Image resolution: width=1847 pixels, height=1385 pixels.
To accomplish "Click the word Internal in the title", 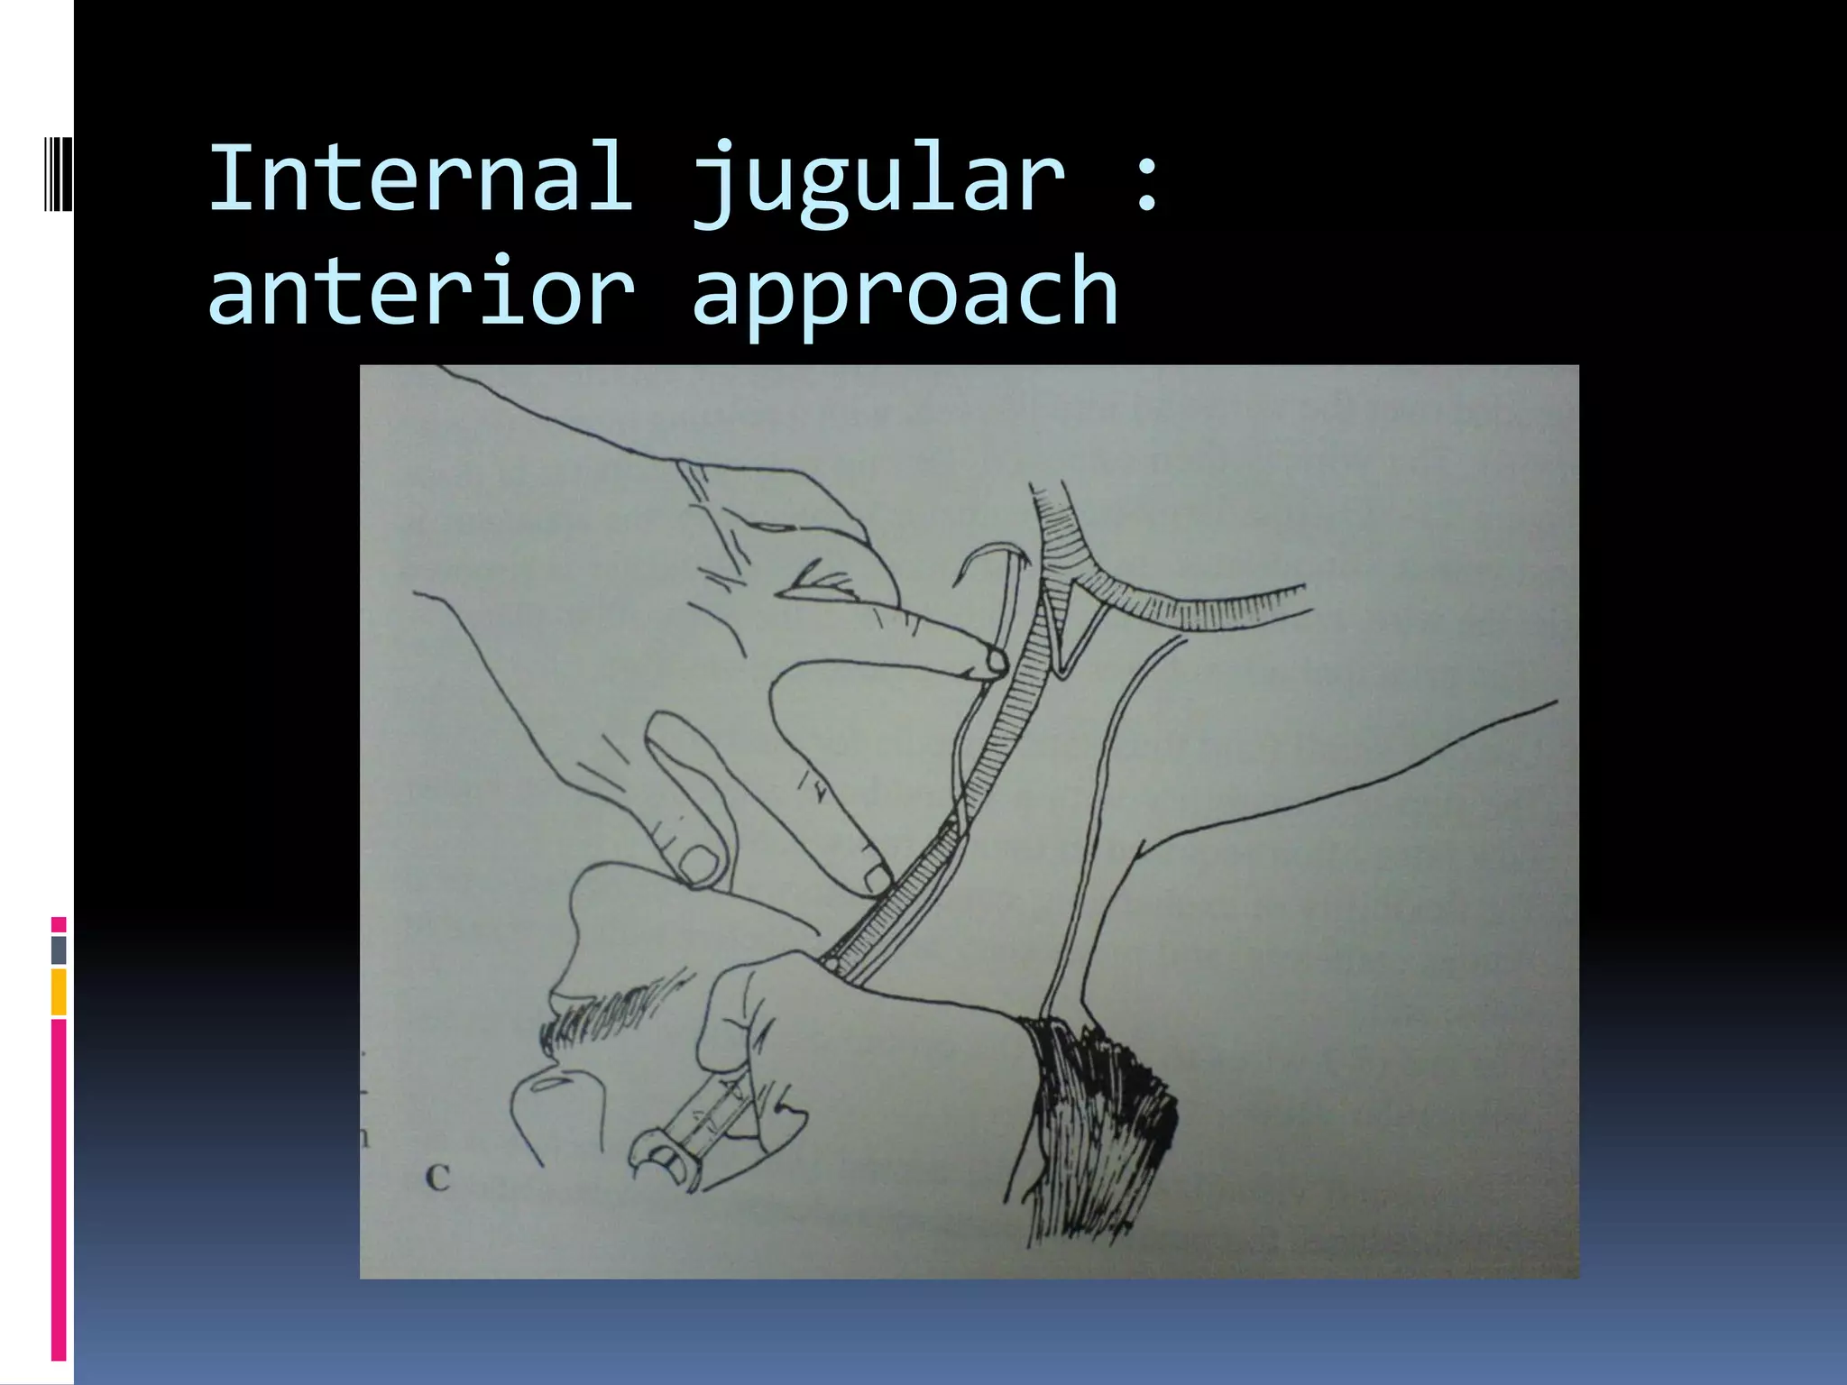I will coord(420,178).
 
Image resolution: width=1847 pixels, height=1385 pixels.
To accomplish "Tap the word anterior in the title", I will coord(420,290).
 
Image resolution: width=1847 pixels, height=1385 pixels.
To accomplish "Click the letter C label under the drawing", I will coord(437,1178).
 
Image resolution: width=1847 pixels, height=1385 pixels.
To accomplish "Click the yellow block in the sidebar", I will coord(59,992).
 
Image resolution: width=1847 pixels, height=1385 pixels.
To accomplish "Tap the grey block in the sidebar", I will coord(59,949).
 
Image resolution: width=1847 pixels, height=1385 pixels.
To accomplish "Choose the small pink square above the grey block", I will coord(59,924).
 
